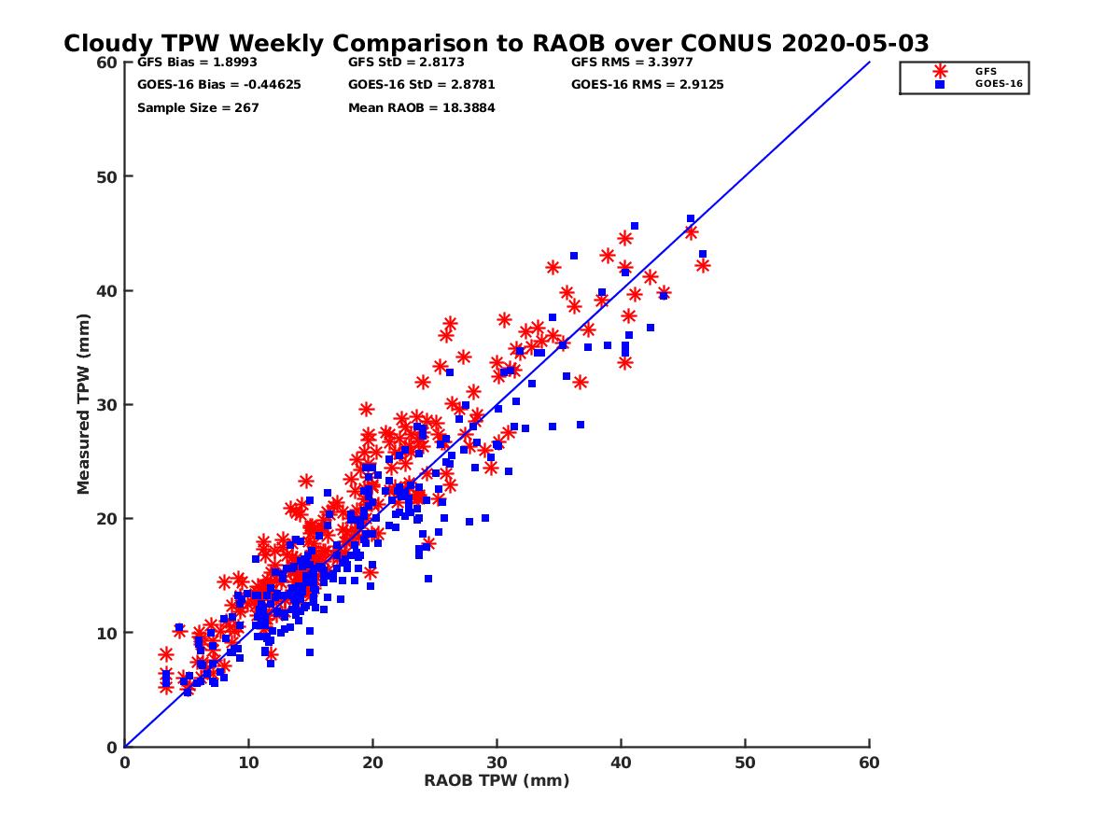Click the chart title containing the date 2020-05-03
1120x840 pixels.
coord(496,44)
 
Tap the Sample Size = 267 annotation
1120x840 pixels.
coord(198,107)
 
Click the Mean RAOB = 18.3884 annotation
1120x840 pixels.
coord(422,107)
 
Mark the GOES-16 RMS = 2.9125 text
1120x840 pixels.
coord(648,85)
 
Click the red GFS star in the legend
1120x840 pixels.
coord(940,71)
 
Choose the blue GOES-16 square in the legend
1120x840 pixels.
coord(940,84)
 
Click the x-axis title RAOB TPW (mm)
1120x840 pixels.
coord(497,781)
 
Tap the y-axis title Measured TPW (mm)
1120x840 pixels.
coord(84,404)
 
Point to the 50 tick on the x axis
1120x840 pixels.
coord(746,763)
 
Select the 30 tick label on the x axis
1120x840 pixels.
coord(497,763)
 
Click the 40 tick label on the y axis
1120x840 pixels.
coord(107,290)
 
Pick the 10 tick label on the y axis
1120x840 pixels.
coord(107,633)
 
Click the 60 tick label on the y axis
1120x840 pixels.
coord(107,63)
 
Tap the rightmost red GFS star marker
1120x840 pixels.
coord(703,266)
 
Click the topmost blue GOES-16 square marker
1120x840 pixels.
coord(691,218)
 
